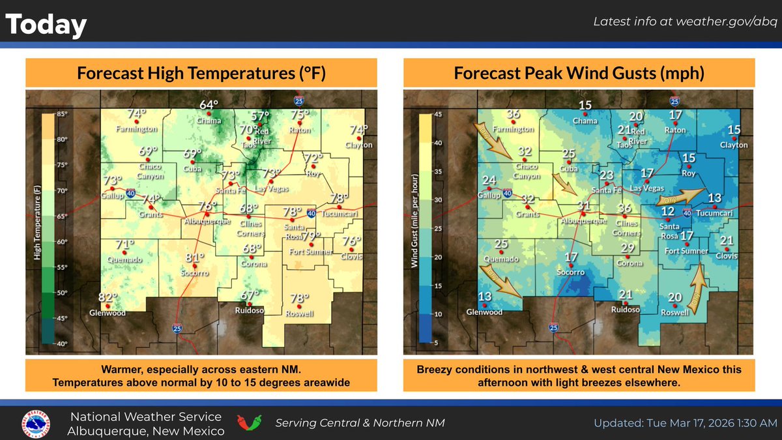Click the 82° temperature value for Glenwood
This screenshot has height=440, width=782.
pos(107,298)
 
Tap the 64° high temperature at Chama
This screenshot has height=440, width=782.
pos(209,105)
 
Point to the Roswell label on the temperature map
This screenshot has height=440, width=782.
pos(300,313)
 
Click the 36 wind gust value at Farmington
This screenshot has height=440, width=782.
pos(514,114)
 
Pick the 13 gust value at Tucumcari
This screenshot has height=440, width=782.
pos(715,198)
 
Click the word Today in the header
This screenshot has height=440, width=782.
pos(46,25)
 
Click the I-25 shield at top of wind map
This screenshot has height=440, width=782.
pos(674,101)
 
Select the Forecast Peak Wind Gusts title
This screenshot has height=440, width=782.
pos(579,73)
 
